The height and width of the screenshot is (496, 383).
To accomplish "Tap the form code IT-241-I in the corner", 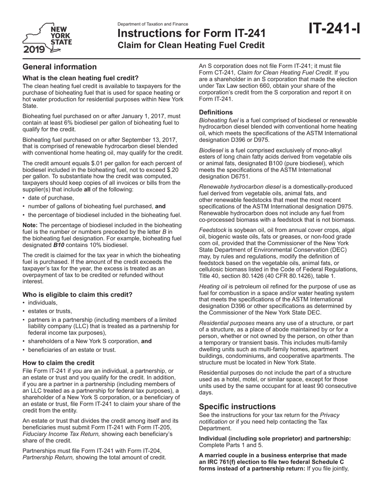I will click(x=334, y=29).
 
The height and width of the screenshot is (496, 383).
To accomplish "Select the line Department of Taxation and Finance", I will click(x=153, y=24).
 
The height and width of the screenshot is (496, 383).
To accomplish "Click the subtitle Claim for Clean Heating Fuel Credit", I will click(x=191, y=45).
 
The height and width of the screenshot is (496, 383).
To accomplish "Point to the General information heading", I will click(x=60, y=67).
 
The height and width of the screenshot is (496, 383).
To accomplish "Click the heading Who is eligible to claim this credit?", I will click(x=77, y=294).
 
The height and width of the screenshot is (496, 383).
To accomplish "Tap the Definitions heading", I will click(x=216, y=112).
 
